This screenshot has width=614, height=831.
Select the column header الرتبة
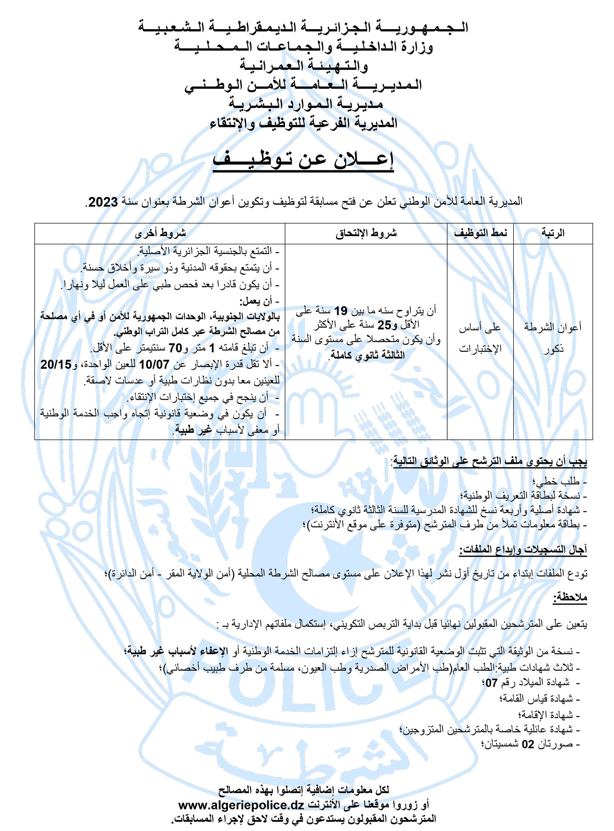[553, 233]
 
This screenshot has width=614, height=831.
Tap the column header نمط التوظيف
[480, 233]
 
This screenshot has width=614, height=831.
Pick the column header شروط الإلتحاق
[366, 233]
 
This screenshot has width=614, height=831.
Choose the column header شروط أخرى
[160, 233]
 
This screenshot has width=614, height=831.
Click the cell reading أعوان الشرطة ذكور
[553, 338]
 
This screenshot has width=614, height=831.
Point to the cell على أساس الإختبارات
[480, 338]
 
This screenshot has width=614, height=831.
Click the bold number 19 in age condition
[340, 311]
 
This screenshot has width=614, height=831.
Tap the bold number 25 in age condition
[384, 325]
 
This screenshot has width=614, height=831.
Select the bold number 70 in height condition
[175, 348]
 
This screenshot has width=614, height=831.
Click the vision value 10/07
[154, 364]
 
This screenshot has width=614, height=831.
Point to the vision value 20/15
[56, 364]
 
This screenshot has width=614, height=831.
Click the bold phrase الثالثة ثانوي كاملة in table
[367, 355]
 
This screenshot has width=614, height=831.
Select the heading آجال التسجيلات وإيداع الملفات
[523, 550]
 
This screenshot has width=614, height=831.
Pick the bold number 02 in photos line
[528, 745]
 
